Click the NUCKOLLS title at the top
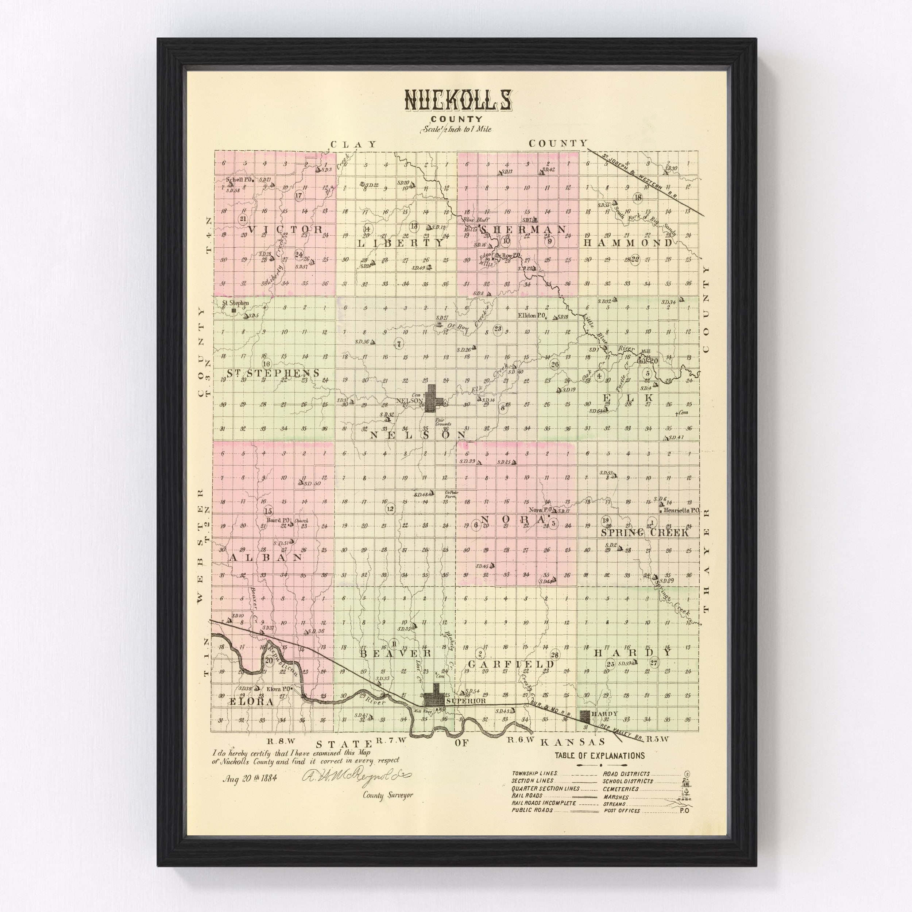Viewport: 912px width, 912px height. coord(457,101)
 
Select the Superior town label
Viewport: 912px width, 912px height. coord(465,701)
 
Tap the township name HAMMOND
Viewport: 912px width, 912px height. coord(628,243)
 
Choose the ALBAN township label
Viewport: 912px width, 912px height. coord(266,557)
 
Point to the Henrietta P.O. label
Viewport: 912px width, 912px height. coord(681,511)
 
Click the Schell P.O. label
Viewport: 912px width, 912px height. coord(240,179)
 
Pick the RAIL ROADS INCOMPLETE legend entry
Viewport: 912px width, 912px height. coord(544,803)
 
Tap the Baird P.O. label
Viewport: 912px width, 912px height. coord(277,521)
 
